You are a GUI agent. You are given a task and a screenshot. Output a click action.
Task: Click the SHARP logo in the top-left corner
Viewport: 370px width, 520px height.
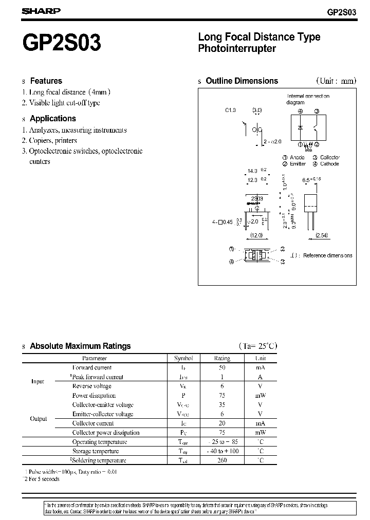click(41, 11)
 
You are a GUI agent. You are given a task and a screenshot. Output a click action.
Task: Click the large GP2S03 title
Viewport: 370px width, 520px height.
click(61, 43)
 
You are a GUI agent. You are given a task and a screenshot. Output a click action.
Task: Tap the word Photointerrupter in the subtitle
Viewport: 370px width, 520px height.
click(237, 49)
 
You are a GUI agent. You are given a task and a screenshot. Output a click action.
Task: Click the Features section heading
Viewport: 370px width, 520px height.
click(46, 81)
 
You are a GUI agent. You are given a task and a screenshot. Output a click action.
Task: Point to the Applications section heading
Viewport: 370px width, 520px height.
click(53, 118)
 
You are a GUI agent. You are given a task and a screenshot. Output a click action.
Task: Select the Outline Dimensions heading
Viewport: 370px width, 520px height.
click(242, 81)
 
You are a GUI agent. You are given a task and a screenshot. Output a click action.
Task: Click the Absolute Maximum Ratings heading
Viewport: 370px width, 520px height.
click(80, 346)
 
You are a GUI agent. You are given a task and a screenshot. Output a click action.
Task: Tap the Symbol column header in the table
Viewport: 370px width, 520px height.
click(183, 358)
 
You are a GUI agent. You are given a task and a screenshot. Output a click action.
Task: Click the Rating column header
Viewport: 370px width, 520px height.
click(222, 358)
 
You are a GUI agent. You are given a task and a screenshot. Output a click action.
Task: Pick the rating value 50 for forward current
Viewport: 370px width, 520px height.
click(222, 367)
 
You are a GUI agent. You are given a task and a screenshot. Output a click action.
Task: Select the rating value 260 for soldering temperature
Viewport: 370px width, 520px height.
click(222, 460)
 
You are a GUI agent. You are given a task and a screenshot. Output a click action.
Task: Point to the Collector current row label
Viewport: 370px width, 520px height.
click(93, 423)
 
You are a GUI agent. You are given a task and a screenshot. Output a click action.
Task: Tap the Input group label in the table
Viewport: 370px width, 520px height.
click(38, 382)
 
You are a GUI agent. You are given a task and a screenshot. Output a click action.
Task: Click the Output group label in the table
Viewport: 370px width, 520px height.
click(39, 419)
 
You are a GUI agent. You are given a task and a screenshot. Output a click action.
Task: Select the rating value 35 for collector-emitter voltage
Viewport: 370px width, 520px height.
click(222, 405)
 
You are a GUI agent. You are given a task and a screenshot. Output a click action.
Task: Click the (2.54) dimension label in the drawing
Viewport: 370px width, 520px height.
click(322, 235)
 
